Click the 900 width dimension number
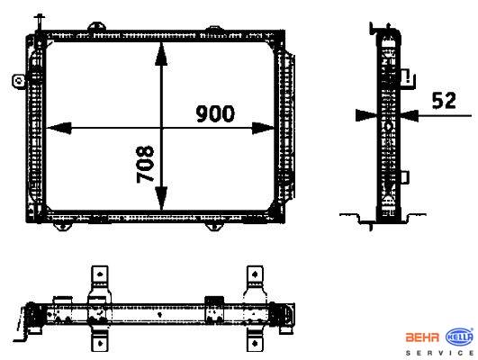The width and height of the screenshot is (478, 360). click(215, 113)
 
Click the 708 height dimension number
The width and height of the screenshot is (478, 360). click(145, 164)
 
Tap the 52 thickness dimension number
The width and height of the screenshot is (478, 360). click(444, 100)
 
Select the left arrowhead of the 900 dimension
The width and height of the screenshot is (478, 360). click(59, 128)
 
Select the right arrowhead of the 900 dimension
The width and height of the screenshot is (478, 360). click(263, 128)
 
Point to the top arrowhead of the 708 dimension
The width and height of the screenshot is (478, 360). click(161, 54)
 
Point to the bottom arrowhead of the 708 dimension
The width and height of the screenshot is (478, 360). click(161, 198)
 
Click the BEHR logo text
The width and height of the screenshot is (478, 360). click(422, 337)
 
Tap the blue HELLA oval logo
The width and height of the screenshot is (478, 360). click(460, 337)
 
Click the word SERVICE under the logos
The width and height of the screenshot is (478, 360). click(440, 353)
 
